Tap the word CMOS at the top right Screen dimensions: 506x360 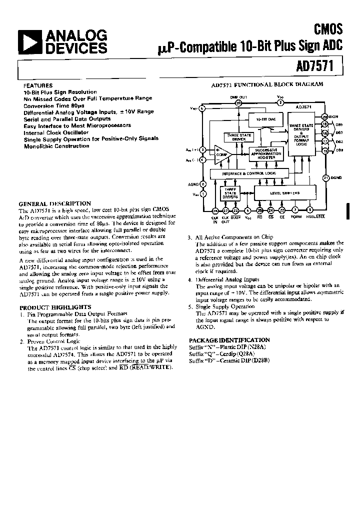328,29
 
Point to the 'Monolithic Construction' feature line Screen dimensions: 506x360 56,146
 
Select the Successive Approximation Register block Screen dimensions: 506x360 269,153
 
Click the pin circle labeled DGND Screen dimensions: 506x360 325,177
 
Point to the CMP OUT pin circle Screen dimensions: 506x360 238,103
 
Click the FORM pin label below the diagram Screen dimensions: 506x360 296,217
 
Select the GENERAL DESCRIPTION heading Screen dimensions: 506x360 54,203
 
